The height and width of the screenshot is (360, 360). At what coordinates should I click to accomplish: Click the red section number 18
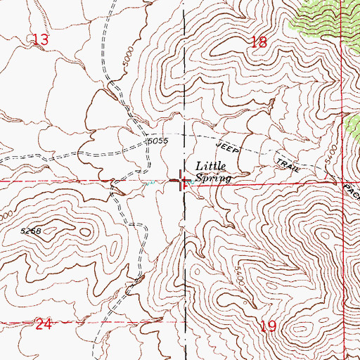(x=259, y=42)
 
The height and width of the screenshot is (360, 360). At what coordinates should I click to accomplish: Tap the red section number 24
(x=44, y=324)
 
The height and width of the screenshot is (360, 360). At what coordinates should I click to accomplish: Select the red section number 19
(x=268, y=326)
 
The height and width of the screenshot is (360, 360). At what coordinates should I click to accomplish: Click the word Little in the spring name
(x=211, y=166)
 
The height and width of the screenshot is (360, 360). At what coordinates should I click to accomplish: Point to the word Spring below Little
(x=214, y=179)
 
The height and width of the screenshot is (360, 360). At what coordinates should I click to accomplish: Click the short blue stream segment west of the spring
(x=149, y=184)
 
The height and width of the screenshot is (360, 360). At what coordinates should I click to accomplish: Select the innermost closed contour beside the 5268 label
(x=62, y=226)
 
